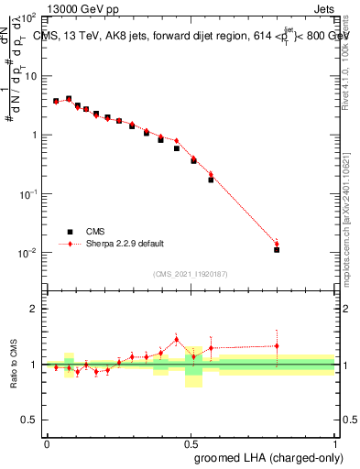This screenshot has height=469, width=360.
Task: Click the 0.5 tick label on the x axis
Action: point(191,442)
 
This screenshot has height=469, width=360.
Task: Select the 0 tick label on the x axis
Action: point(47,442)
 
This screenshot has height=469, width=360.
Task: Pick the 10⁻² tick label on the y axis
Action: point(27,253)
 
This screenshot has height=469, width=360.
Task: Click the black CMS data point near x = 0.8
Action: point(277,249)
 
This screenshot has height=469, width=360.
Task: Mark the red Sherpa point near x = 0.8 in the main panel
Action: point(277,244)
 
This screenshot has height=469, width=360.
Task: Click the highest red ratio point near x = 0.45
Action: point(177,339)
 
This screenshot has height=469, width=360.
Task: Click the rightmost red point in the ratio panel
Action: point(277,345)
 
